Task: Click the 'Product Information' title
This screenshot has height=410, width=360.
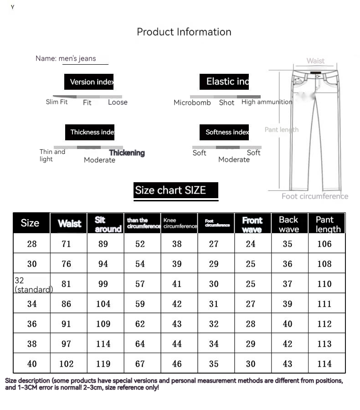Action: [184, 32]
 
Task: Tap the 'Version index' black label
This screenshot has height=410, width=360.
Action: [89, 82]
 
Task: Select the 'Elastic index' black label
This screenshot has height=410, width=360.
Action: [224, 82]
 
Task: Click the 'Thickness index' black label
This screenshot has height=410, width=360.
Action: [90, 132]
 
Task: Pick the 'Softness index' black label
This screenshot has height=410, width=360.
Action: [224, 132]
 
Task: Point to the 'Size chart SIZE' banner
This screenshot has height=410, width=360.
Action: [176, 190]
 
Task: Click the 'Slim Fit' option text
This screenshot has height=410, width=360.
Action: [57, 102]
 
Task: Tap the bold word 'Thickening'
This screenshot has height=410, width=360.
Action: [127, 153]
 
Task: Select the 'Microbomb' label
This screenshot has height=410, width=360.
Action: [192, 102]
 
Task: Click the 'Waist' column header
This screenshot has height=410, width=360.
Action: [69, 223]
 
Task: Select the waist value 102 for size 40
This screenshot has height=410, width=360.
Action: [67, 364]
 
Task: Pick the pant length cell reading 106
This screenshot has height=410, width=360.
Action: [324, 244]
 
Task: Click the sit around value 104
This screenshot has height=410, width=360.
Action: [103, 304]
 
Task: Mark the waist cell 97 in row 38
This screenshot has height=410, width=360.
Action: [67, 344]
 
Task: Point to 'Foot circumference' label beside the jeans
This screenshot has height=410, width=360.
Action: [314, 196]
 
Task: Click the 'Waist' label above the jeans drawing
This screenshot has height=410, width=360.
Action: [315, 61]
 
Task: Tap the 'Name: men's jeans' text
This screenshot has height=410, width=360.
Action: [66, 58]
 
